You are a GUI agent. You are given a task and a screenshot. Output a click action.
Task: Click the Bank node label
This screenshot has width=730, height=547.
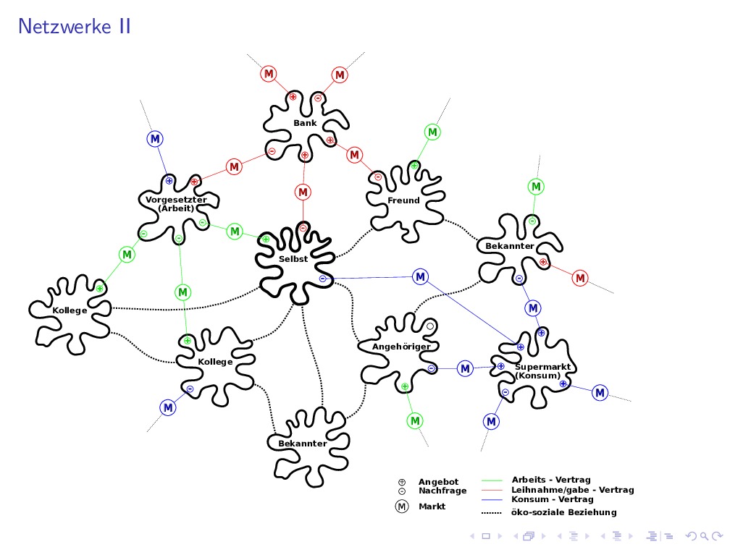click(305, 123)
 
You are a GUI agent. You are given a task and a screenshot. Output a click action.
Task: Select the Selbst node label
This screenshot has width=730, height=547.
click(293, 258)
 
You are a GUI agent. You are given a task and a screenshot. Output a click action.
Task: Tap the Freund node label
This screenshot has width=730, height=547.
click(403, 200)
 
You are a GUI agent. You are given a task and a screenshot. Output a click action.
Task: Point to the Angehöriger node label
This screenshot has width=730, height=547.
click(401, 347)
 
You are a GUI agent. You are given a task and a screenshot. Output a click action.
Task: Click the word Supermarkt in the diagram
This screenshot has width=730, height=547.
click(542, 367)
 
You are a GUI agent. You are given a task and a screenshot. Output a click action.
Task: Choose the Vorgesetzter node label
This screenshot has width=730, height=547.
click(176, 199)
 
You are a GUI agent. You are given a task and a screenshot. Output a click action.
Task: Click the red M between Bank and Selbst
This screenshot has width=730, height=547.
click(303, 192)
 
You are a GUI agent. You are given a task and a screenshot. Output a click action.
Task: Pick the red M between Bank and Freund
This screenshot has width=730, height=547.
click(354, 155)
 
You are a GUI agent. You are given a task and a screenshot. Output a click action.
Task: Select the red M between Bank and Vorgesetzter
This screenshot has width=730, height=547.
click(234, 167)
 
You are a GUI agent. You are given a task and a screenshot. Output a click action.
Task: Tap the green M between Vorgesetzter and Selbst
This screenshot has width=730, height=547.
click(235, 232)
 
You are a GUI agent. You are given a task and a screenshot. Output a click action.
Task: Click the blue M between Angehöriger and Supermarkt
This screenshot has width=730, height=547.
click(465, 369)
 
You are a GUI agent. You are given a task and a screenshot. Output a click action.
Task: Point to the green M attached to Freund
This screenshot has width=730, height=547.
click(432, 132)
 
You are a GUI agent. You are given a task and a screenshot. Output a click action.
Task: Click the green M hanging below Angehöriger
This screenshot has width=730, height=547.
click(415, 420)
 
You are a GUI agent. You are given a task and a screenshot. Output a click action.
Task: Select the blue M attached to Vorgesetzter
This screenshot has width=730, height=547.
click(155, 138)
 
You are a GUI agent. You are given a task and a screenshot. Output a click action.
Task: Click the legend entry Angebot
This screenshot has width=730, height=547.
click(438, 482)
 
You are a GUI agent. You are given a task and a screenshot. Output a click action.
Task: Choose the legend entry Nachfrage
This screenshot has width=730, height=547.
click(442, 491)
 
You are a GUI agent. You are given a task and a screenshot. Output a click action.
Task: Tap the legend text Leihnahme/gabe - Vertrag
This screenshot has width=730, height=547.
click(562, 490)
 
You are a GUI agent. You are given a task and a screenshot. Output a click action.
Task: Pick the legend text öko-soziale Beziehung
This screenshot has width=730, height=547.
click(563, 512)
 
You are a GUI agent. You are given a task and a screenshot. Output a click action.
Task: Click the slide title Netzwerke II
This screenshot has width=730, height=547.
click(75, 27)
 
